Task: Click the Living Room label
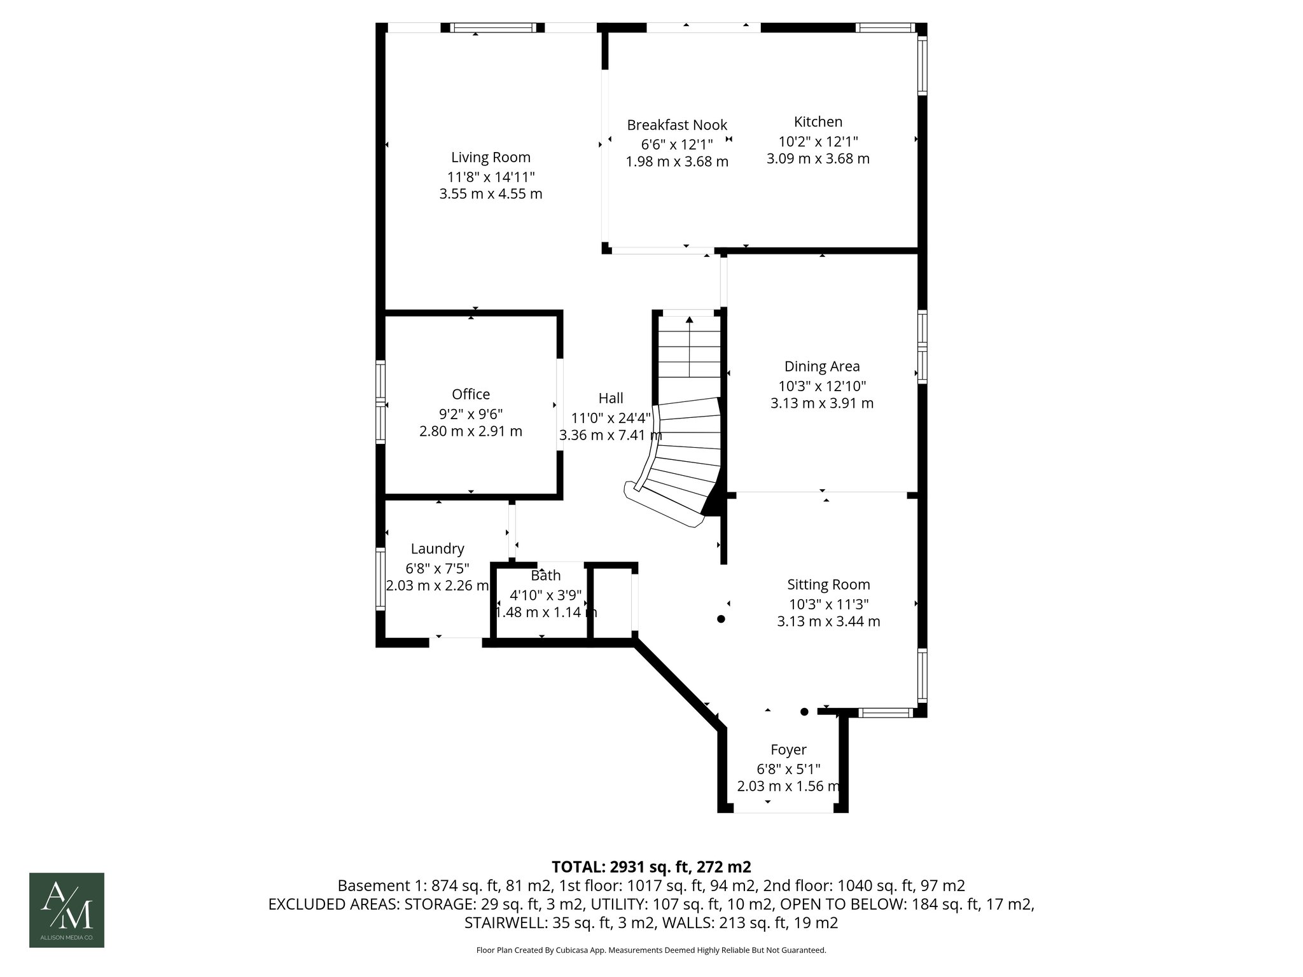point(491,157)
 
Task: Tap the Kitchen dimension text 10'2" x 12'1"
point(818,141)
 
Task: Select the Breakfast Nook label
point(677,125)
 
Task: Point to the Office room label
point(471,394)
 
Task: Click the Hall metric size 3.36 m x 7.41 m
point(610,436)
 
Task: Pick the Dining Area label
point(822,366)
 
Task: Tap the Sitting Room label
point(828,585)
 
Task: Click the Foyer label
point(788,750)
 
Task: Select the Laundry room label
point(437,549)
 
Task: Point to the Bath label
point(546,576)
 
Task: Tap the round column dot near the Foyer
point(804,712)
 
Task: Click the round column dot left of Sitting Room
point(721,619)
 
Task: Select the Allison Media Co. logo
point(67,910)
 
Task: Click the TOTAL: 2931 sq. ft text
point(651,867)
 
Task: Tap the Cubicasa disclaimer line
point(651,950)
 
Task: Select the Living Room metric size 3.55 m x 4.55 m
point(491,194)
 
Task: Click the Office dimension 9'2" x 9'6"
point(471,413)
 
